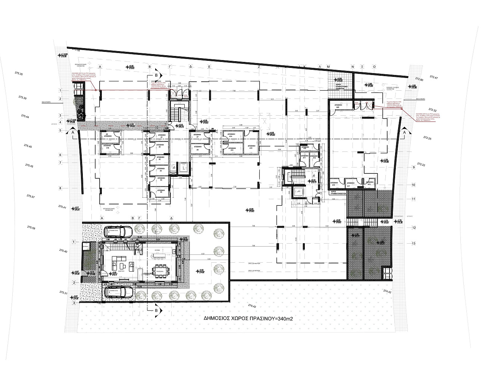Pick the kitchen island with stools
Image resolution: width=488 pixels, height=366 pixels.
coord(162,255)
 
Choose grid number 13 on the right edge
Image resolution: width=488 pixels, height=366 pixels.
coord(413,243)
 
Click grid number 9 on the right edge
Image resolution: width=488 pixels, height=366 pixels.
coord(413,168)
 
